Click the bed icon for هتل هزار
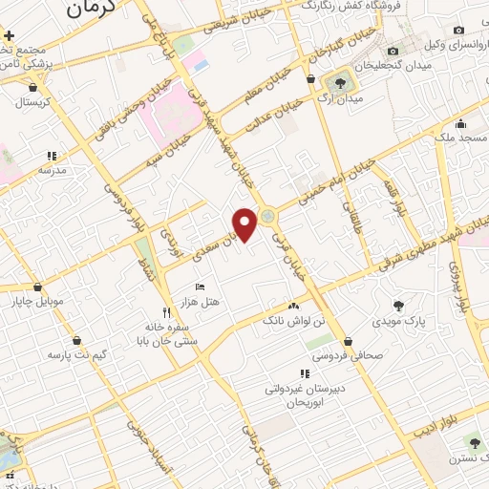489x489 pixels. click(x=200, y=287)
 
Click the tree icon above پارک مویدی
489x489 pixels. click(x=398, y=306)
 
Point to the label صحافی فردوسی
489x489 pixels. click(x=348, y=355)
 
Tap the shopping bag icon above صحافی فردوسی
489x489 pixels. click(x=348, y=341)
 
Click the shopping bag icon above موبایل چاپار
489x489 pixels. click(x=37, y=287)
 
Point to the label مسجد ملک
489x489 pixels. click(x=458, y=138)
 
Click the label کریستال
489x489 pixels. click(x=32, y=101)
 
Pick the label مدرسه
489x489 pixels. click(x=52, y=169)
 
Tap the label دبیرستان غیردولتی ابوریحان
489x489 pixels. click(x=304, y=396)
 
